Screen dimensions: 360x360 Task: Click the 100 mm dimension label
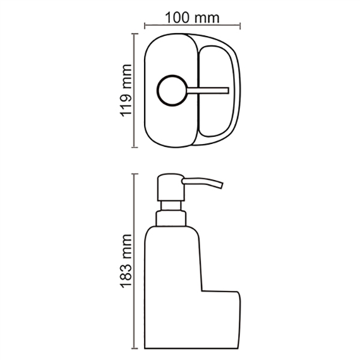[x=192, y=17]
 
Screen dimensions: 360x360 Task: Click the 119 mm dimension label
[x=126, y=91]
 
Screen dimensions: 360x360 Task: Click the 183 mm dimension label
[x=126, y=261]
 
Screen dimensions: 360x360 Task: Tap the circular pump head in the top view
[x=172, y=91]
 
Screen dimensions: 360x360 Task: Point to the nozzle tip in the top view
[x=227, y=91]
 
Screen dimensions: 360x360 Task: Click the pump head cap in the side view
[x=171, y=187]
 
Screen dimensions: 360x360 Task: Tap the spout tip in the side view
[x=221, y=185]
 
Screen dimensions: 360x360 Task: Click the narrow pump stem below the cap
[x=171, y=206]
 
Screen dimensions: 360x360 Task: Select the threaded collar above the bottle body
[x=171, y=218]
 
